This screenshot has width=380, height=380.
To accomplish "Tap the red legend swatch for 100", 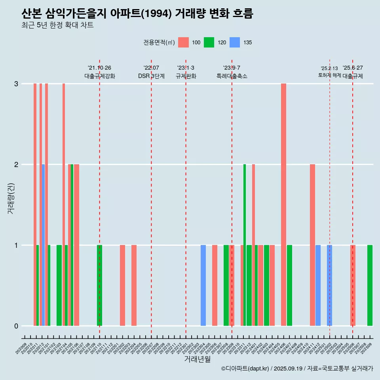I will [183, 42].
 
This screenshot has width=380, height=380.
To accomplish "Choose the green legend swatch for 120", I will [209, 42].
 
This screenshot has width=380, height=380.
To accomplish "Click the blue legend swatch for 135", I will [235, 42].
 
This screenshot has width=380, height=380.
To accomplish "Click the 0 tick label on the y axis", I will [16, 326].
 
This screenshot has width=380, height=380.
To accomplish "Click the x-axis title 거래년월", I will [197, 359].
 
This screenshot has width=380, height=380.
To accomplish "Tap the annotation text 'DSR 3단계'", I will [151, 76].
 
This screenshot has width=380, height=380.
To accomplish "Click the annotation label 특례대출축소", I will [232, 76].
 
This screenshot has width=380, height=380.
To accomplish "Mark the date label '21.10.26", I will [99, 68].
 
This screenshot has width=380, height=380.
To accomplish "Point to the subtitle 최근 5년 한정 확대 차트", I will [57, 25].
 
